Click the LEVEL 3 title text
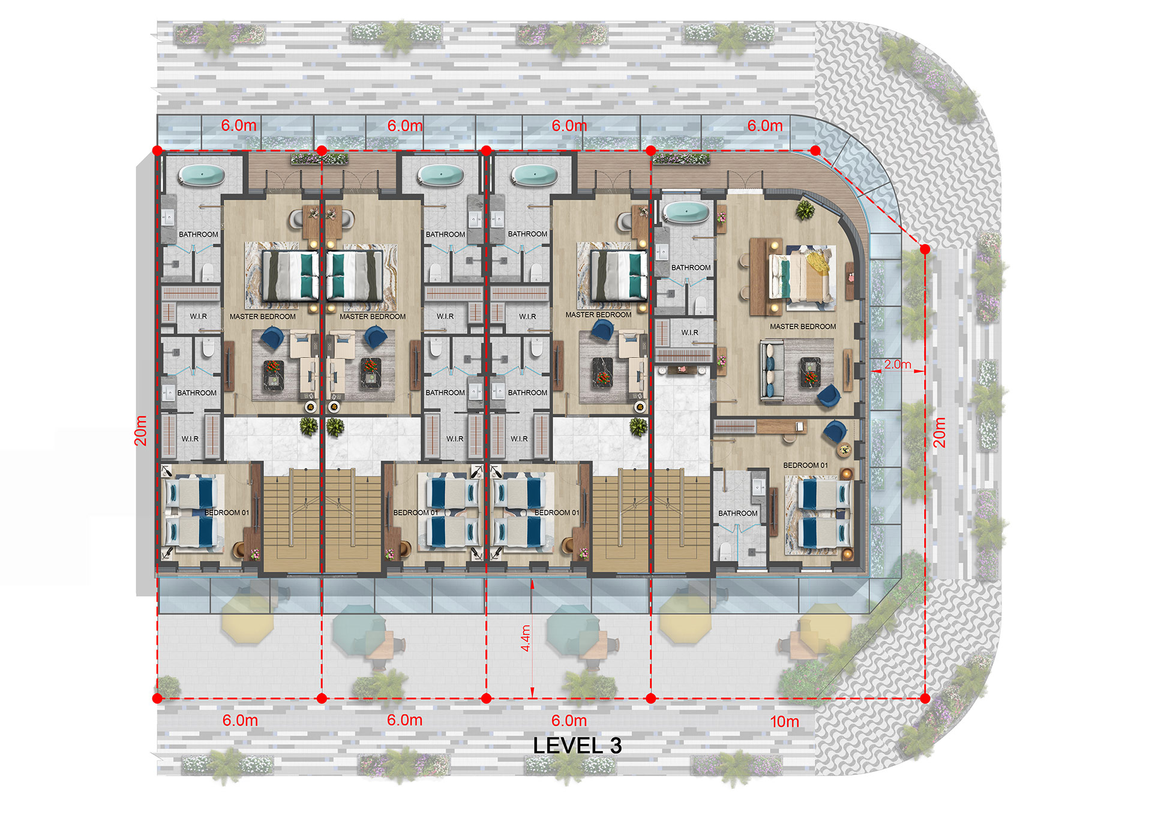tap(577, 746)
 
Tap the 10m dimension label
tap(784, 722)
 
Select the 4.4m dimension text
tap(526, 638)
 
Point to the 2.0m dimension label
tap(897, 364)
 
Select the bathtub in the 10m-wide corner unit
tap(685, 212)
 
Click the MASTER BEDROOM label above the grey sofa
tap(803, 326)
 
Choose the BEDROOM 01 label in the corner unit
tap(805, 465)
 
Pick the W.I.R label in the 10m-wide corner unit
tap(689, 332)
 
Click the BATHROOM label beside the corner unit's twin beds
tap(737, 513)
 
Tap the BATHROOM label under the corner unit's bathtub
tap(691, 268)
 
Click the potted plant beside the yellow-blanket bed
tap(805, 210)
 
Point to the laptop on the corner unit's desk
tap(799, 426)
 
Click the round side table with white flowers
tap(844, 449)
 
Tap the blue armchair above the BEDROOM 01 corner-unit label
tap(835, 431)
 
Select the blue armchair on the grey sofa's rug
tap(829, 395)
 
